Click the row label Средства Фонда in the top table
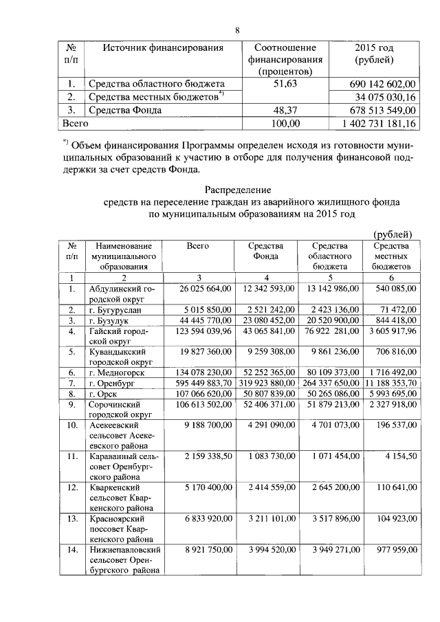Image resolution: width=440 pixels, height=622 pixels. [124, 110]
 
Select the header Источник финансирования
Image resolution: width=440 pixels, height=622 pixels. [164, 48]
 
